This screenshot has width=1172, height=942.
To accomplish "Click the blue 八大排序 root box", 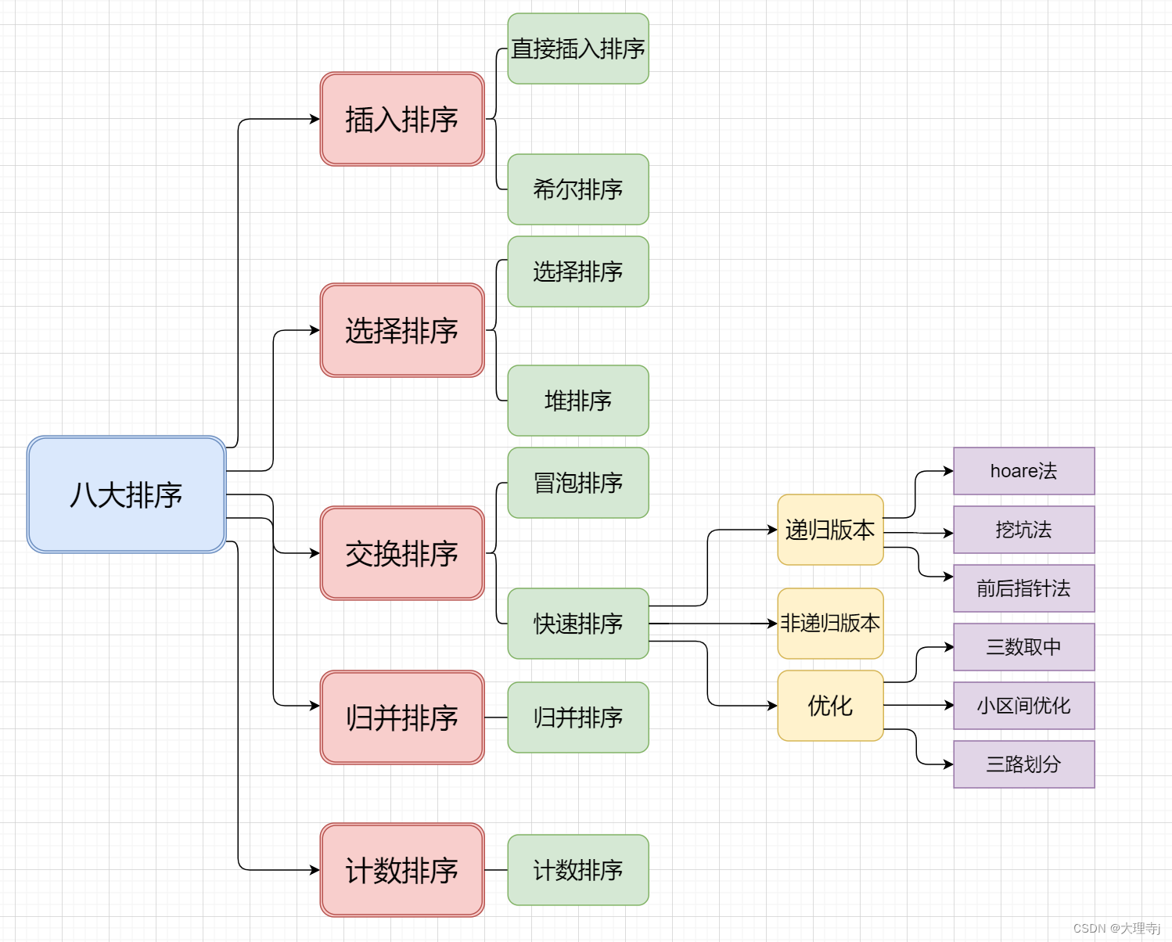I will click(126, 494).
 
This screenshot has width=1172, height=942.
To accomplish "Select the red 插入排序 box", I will click(402, 119).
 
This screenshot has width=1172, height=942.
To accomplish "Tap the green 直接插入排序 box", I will click(577, 49).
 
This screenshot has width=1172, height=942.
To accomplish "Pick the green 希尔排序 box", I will click(577, 189).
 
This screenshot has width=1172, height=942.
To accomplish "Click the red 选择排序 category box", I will click(402, 330).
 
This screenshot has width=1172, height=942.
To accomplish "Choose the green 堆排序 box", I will click(577, 401).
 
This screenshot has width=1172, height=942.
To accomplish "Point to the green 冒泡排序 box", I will click(577, 483).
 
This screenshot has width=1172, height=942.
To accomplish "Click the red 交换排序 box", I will click(402, 553).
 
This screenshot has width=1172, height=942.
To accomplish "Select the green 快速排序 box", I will click(577, 624).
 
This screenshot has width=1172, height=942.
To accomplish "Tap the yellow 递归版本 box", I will click(830, 530).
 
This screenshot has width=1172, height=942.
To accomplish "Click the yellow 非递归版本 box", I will click(830, 624).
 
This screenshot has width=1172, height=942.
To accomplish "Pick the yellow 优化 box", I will click(830, 706).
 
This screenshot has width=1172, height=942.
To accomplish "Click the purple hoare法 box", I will click(1023, 471).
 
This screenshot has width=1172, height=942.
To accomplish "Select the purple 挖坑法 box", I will click(1023, 530).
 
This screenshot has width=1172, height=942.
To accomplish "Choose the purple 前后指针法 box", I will click(1023, 588).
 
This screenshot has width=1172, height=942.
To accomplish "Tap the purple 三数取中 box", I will click(1023, 647).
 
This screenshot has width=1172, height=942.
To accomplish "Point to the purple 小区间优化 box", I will click(1023, 706).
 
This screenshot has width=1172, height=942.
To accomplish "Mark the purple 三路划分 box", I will click(1023, 764).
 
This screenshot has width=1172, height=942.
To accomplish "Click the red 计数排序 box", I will click(402, 870).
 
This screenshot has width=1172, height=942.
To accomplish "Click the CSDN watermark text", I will click(1116, 928).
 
